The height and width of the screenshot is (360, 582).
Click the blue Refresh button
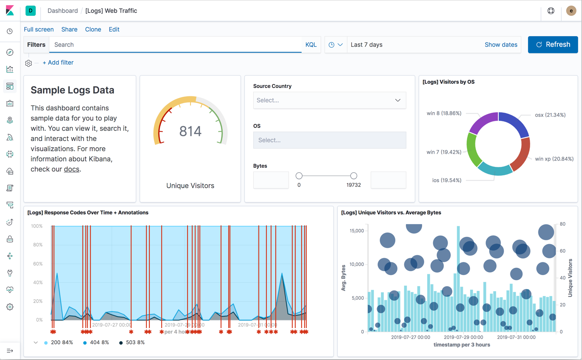click(x=553, y=45)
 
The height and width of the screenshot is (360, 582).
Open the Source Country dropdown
click(x=329, y=101)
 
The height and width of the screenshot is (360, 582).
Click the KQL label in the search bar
click(x=311, y=45)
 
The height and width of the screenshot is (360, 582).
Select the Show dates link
click(x=501, y=45)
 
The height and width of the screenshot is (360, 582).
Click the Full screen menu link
click(x=39, y=29)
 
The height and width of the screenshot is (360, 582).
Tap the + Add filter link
click(x=58, y=62)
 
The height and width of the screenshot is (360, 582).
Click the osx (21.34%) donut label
click(x=550, y=115)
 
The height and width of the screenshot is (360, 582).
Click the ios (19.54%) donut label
click(x=447, y=180)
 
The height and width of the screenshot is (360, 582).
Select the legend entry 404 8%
click(x=98, y=342)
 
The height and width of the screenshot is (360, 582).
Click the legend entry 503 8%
click(x=134, y=342)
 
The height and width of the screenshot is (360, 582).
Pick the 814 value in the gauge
click(x=190, y=131)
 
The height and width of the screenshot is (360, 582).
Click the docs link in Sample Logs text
click(x=71, y=169)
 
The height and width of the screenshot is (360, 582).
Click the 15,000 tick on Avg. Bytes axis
click(x=356, y=231)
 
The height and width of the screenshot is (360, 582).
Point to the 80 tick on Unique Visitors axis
click(x=562, y=224)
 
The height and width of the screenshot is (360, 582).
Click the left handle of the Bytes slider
click(x=299, y=176)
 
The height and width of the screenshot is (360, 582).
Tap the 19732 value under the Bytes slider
click(x=353, y=185)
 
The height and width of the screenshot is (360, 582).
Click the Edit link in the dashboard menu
click(x=114, y=29)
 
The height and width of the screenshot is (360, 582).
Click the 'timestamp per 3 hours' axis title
click(x=462, y=345)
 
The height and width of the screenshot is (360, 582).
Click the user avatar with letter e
click(x=571, y=11)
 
